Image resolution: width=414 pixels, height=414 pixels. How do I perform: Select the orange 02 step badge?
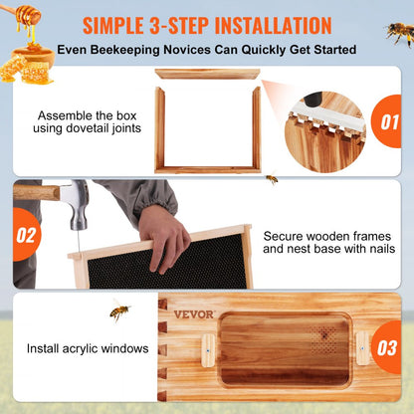(x=27, y=235)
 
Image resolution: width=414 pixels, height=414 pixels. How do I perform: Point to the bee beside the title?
(x=399, y=33)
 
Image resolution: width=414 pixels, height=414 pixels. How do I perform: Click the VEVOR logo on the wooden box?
(x=194, y=314)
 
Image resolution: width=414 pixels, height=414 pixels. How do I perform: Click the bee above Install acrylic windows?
(x=120, y=312)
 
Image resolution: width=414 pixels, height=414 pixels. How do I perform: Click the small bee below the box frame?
(x=271, y=179)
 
